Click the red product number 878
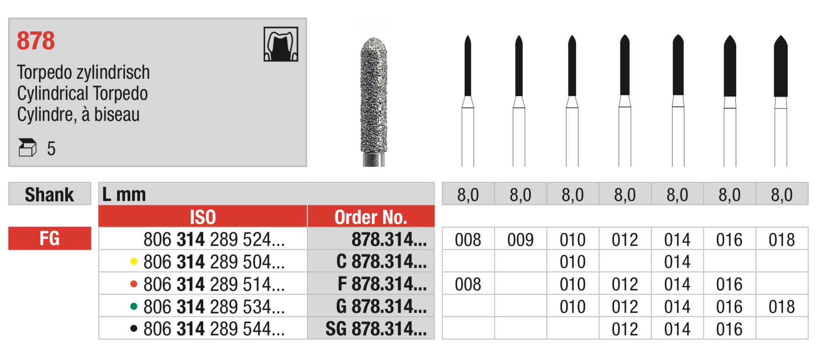pyautogui.click(x=36, y=41)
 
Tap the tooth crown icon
pyautogui.click(x=281, y=44)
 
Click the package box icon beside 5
pyautogui.click(x=27, y=147)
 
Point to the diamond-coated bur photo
pyautogui.click(x=374, y=102)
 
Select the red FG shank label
pyautogui.click(x=50, y=238)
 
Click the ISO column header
pyautogui.click(x=203, y=217)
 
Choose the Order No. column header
pyautogui.click(x=371, y=217)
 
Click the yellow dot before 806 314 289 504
pyautogui.click(x=133, y=262)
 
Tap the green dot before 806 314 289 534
pyautogui.click(x=133, y=307)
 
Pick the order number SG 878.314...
pyautogui.click(x=376, y=329)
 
